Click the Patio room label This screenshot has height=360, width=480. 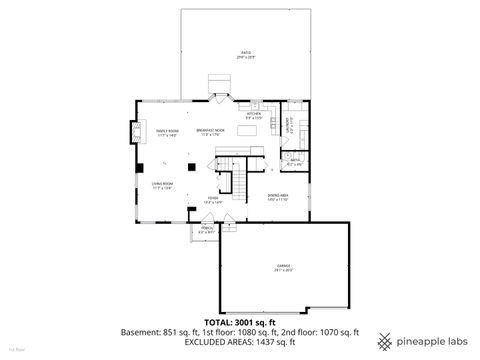pos(245,54)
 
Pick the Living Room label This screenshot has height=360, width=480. pos(164,185)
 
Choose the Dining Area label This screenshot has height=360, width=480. pos(278,197)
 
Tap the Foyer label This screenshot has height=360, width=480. pos(214,199)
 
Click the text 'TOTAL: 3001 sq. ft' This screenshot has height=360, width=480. pos(240,323)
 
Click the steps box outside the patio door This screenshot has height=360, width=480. pos(219,83)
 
